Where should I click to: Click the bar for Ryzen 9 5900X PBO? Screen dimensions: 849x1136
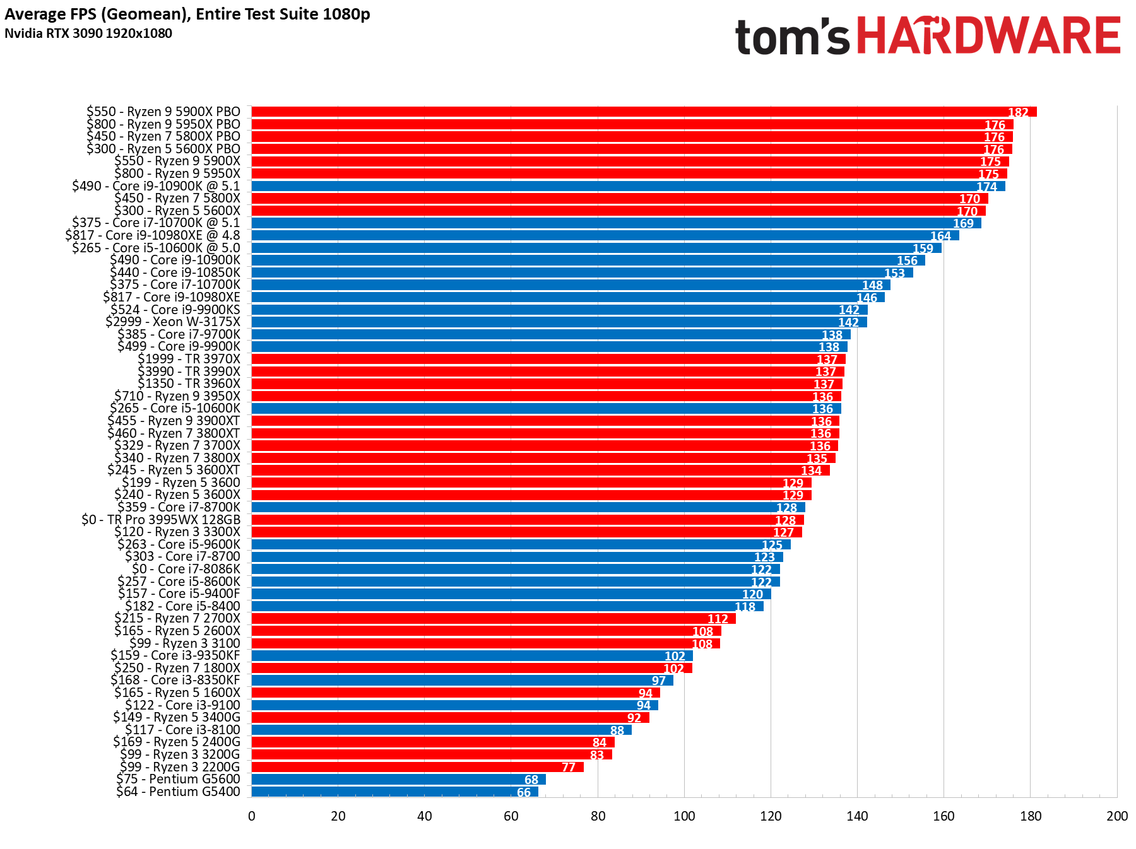click(631, 112)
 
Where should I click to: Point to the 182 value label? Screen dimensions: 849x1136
click(1018, 112)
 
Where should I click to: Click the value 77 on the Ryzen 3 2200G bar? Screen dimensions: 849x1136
click(569, 767)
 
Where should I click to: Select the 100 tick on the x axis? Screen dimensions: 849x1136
click(684, 816)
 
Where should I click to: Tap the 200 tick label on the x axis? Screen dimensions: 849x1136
click(1116, 816)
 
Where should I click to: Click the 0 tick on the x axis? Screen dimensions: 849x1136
click(252, 816)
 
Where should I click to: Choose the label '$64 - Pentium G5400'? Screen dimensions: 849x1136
click(178, 792)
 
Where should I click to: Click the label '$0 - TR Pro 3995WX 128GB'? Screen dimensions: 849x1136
click(161, 520)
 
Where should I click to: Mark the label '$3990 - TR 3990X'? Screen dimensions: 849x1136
click(189, 372)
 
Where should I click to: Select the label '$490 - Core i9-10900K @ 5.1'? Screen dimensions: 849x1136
click(156, 186)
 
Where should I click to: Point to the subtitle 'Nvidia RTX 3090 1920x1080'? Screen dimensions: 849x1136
click(88, 33)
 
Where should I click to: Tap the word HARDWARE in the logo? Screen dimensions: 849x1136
click(988, 36)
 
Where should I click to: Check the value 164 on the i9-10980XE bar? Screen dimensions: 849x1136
click(940, 236)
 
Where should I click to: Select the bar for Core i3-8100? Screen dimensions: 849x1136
click(441, 730)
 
